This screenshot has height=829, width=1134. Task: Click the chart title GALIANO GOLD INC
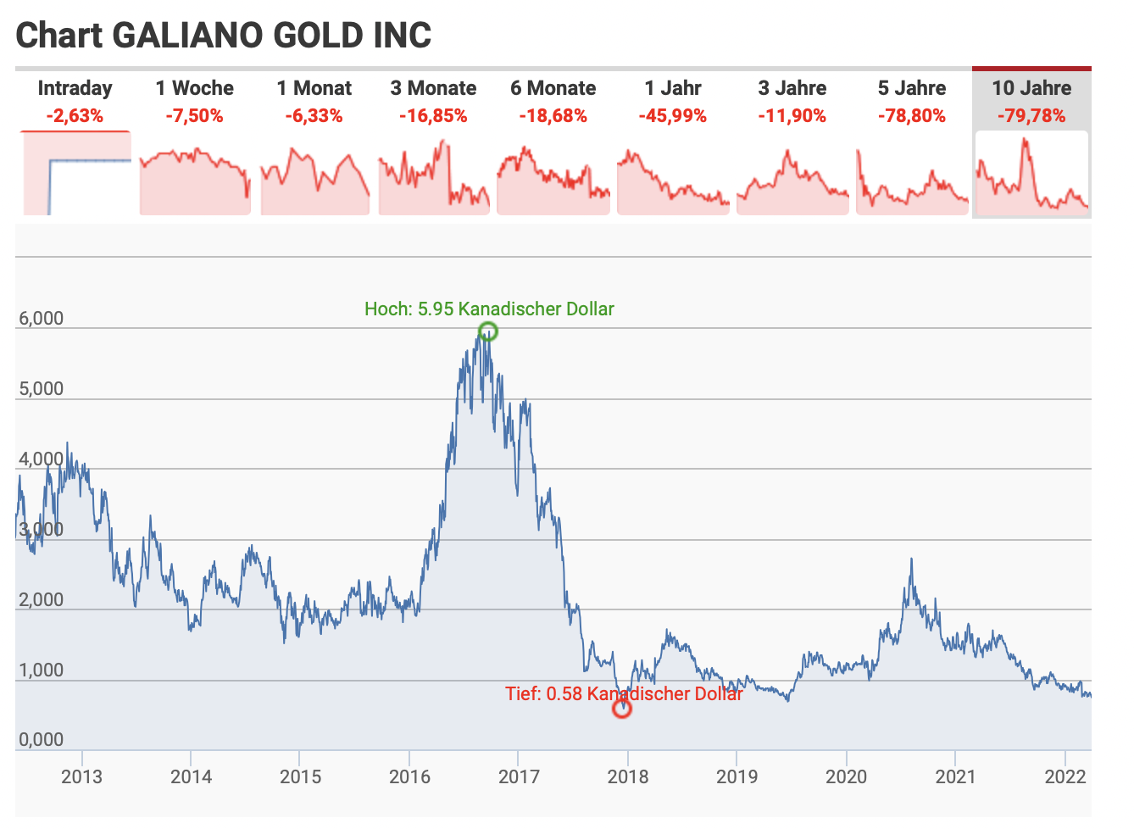(x=224, y=36)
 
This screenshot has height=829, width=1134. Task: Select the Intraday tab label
(x=75, y=88)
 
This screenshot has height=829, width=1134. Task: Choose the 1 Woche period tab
(x=194, y=88)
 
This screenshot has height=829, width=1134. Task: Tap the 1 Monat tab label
(x=314, y=88)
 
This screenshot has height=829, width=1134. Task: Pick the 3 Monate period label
(x=433, y=88)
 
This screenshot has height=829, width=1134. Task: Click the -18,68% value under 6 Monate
(x=553, y=116)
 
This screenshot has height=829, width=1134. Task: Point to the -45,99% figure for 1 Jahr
(x=672, y=116)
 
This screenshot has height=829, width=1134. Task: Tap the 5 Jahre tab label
(x=912, y=88)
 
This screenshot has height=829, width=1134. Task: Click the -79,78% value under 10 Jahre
(x=1031, y=116)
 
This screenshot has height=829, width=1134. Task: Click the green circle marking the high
(x=488, y=331)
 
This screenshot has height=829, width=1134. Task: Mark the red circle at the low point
(x=622, y=708)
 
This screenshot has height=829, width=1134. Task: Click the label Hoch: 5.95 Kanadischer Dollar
(x=489, y=309)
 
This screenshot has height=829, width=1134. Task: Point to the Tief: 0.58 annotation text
(x=624, y=693)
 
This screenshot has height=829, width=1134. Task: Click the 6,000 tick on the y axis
(x=42, y=319)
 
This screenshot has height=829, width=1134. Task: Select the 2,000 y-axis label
(x=42, y=600)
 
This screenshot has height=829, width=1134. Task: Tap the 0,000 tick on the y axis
(x=42, y=740)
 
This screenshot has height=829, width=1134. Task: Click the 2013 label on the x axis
(x=82, y=776)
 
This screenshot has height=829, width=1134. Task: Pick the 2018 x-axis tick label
(x=628, y=776)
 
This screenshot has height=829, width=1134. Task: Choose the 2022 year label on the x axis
(x=1065, y=776)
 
